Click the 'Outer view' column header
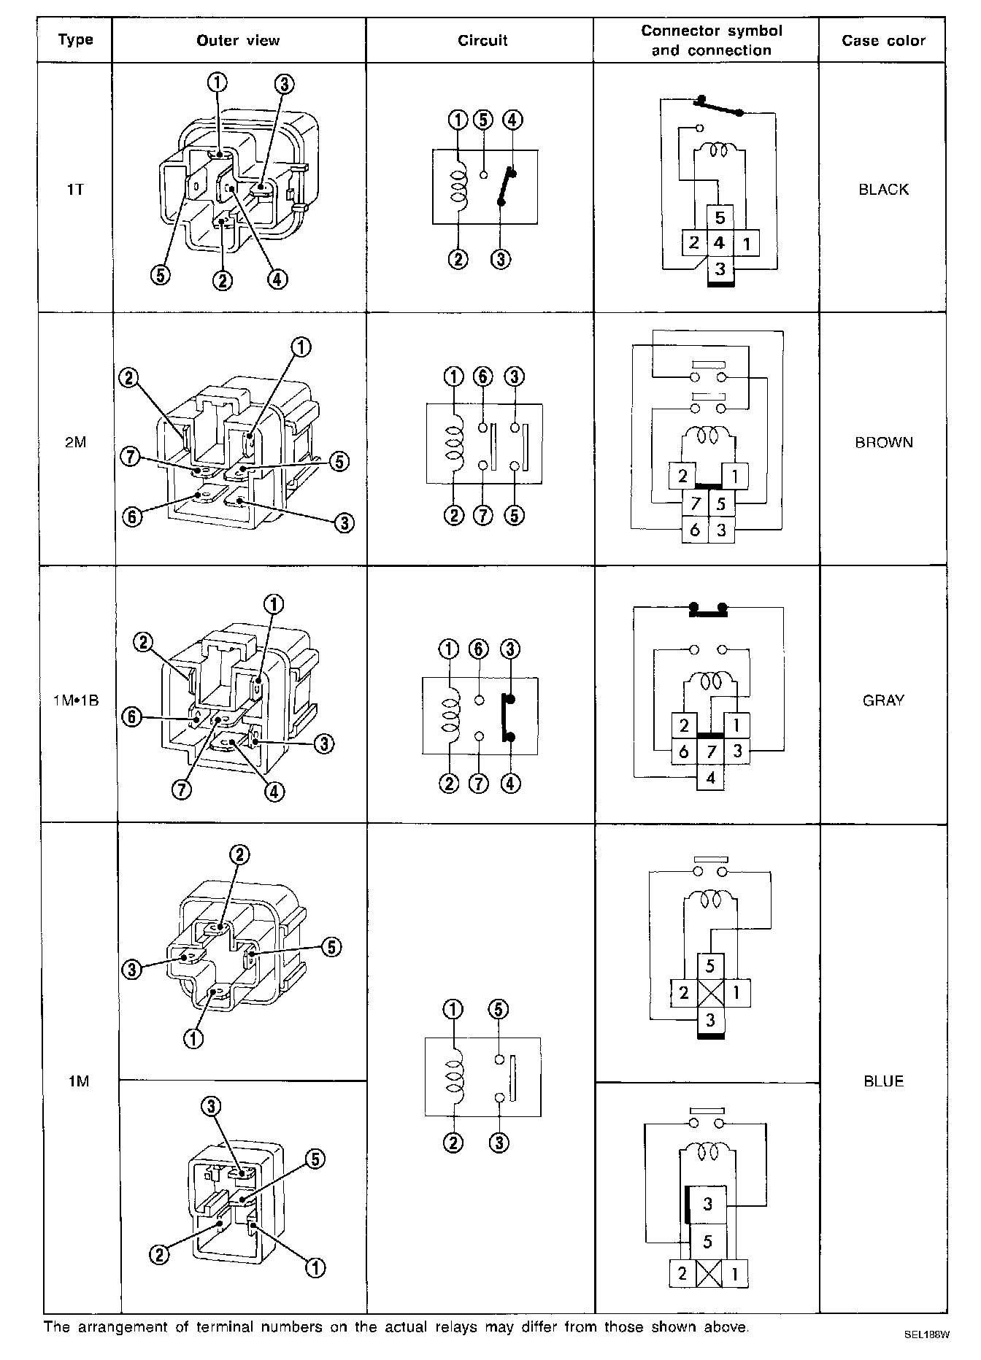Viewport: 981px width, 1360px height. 238,41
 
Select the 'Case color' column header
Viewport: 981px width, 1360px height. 883,41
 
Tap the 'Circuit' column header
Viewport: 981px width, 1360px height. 482,41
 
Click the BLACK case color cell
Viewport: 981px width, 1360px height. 883,190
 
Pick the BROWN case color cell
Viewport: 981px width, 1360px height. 883,442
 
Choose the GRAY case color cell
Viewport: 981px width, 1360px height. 883,700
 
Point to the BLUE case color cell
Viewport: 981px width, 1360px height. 883,1081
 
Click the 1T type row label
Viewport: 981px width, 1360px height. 75,190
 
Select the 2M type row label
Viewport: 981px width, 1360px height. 75,442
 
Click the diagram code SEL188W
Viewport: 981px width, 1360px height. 927,1335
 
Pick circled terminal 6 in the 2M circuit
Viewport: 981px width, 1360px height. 482,377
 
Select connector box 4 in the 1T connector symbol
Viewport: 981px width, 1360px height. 720,243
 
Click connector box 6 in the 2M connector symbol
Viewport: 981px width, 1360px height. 694,530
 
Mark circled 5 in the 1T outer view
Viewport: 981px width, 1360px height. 161,275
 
